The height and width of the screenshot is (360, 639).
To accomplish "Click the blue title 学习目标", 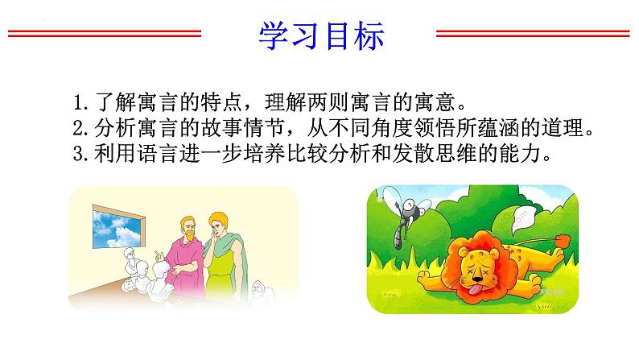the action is (x=322, y=36).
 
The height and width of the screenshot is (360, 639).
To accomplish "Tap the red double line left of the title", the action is (x=105, y=34).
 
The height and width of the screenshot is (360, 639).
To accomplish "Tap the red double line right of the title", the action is (x=533, y=34).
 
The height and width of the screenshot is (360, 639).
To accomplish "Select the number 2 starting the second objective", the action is (x=79, y=128).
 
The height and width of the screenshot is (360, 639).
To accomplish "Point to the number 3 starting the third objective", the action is (x=79, y=154).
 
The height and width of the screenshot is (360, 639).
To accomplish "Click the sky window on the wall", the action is (x=118, y=227).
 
